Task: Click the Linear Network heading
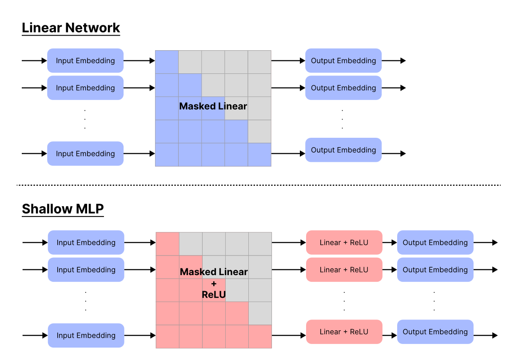point(71,28)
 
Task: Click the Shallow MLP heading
point(63,209)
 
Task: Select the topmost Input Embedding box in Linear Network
point(85,61)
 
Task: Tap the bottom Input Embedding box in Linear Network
point(85,154)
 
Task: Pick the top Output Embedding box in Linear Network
point(343,61)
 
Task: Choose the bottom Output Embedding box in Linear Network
point(343,150)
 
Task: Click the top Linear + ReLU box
point(344,243)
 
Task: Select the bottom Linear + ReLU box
point(344,332)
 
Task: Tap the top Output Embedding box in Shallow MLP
point(435,243)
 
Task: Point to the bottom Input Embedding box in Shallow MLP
point(86,336)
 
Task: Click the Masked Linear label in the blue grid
point(213,107)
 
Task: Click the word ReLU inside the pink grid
point(214,295)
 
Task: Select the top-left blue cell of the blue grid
point(167,62)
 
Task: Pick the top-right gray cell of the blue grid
point(259,62)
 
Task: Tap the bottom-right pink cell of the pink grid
point(260,336)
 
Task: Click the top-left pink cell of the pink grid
point(167,244)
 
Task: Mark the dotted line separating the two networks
point(258,185)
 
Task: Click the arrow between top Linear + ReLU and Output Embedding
point(390,243)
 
